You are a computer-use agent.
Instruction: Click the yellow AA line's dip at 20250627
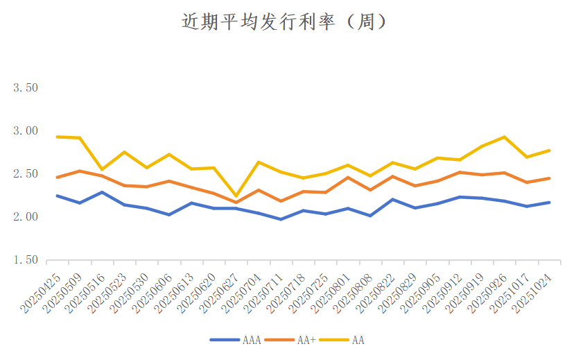pos(236,197)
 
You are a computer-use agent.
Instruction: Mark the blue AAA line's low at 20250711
pos(281,219)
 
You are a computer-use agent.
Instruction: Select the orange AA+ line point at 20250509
pos(80,171)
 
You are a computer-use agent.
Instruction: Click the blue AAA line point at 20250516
pos(102,192)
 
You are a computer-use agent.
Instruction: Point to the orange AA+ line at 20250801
pos(348,178)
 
